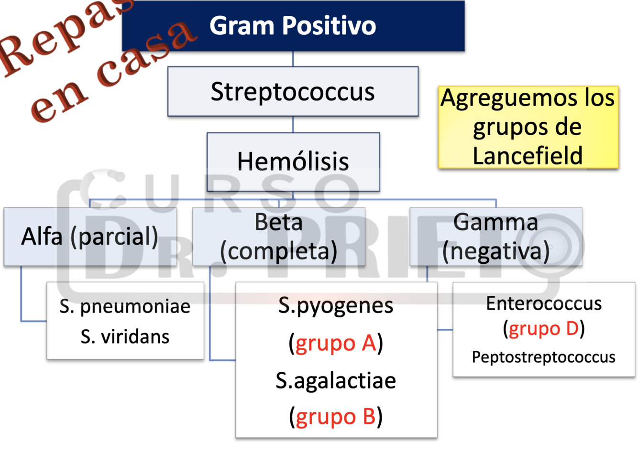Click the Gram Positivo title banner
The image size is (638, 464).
pyautogui.click(x=293, y=26)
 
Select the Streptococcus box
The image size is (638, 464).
pyautogui.click(x=293, y=91)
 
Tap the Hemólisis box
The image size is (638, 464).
pyautogui.click(x=293, y=162)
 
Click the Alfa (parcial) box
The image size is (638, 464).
pyautogui.click(x=90, y=237)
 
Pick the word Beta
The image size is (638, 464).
pyautogui.click(x=278, y=222)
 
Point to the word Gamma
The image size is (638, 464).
pyautogui.click(x=495, y=222)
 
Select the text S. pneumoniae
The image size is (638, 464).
pyautogui.click(x=125, y=306)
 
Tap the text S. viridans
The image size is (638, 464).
pyautogui.click(x=125, y=337)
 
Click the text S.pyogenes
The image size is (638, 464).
pyautogui.click(x=336, y=305)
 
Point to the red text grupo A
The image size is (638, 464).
pyautogui.click(x=336, y=343)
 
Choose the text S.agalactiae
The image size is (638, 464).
pyautogui.click(x=336, y=381)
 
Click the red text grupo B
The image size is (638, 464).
pyautogui.click(x=336, y=417)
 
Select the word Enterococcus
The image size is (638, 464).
pyautogui.click(x=544, y=303)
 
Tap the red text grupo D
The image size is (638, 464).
pyautogui.click(x=544, y=329)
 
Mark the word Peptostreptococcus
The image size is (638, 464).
pyautogui.click(x=544, y=357)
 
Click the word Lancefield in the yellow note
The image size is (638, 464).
pyautogui.click(x=528, y=156)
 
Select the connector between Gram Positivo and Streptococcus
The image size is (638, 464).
pyautogui.click(x=293, y=59)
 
